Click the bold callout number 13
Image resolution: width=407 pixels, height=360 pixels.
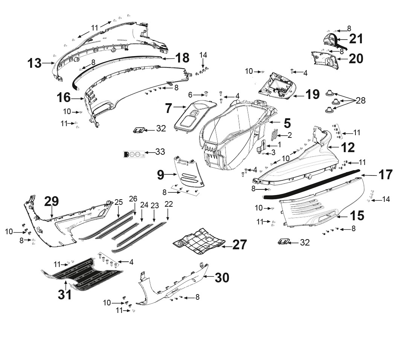(x=35, y=63)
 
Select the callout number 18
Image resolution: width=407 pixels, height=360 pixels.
(x=183, y=58)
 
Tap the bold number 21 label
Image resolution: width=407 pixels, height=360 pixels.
(x=356, y=39)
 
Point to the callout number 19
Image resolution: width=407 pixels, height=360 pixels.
(x=312, y=95)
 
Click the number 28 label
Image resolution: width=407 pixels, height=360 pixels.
(x=361, y=100)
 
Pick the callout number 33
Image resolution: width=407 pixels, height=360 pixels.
(x=160, y=152)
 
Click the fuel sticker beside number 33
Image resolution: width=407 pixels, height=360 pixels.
(x=134, y=154)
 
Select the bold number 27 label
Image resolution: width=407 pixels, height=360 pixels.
(x=239, y=245)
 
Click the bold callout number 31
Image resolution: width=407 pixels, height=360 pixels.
(x=65, y=294)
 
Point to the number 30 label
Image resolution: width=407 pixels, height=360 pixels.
(x=222, y=278)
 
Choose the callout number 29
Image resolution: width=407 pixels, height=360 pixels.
(x=52, y=201)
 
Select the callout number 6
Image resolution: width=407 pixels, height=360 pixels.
(x=190, y=95)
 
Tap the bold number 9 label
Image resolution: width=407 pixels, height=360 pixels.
(x=161, y=175)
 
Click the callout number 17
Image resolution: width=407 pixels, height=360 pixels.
(x=386, y=175)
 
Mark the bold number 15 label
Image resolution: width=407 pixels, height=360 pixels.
(x=357, y=216)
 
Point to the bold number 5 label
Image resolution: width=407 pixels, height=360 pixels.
(x=287, y=123)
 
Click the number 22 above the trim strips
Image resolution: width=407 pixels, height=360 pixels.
(x=169, y=204)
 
